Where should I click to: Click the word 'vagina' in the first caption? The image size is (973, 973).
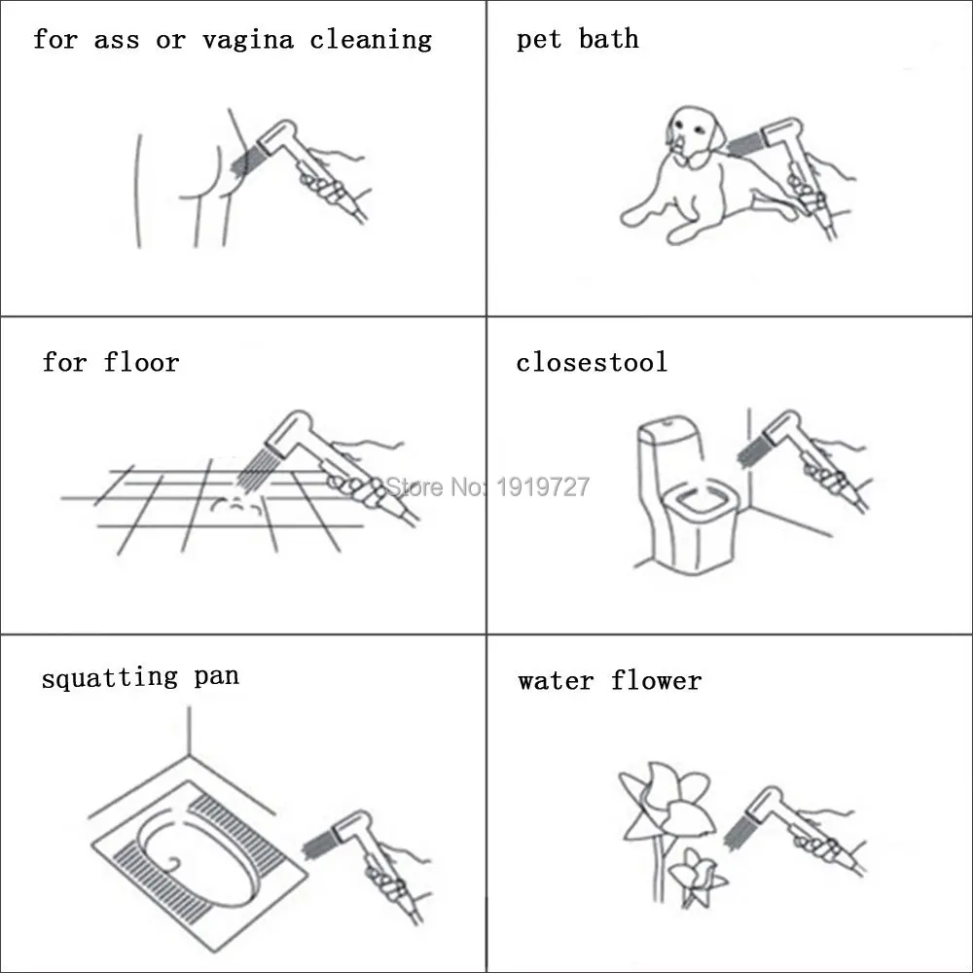click(x=247, y=40)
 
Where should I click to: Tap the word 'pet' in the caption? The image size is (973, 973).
click(x=539, y=40)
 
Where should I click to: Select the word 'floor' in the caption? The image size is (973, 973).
click(x=141, y=362)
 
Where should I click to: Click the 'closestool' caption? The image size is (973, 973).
click(x=592, y=362)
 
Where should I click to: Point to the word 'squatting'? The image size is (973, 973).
click(x=109, y=677)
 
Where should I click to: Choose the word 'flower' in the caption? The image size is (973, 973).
click(x=656, y=681)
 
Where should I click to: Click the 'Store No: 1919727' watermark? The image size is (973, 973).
click(x=487, y=486)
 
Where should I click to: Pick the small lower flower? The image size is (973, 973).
click(x=698, y=876)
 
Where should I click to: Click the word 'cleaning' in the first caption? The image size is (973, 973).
click(x=371, y=40)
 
